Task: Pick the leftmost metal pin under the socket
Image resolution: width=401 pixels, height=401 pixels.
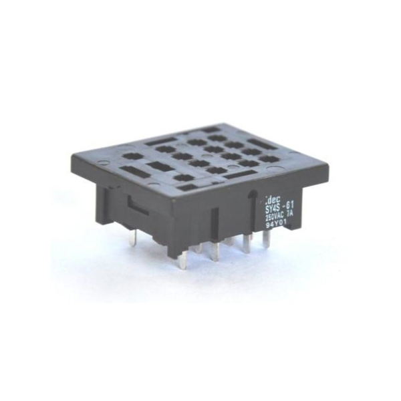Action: tap(133, 237)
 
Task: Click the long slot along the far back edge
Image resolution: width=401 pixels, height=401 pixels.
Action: tap(209, 130)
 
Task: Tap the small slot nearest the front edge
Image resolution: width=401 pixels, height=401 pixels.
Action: tap(189, 188)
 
